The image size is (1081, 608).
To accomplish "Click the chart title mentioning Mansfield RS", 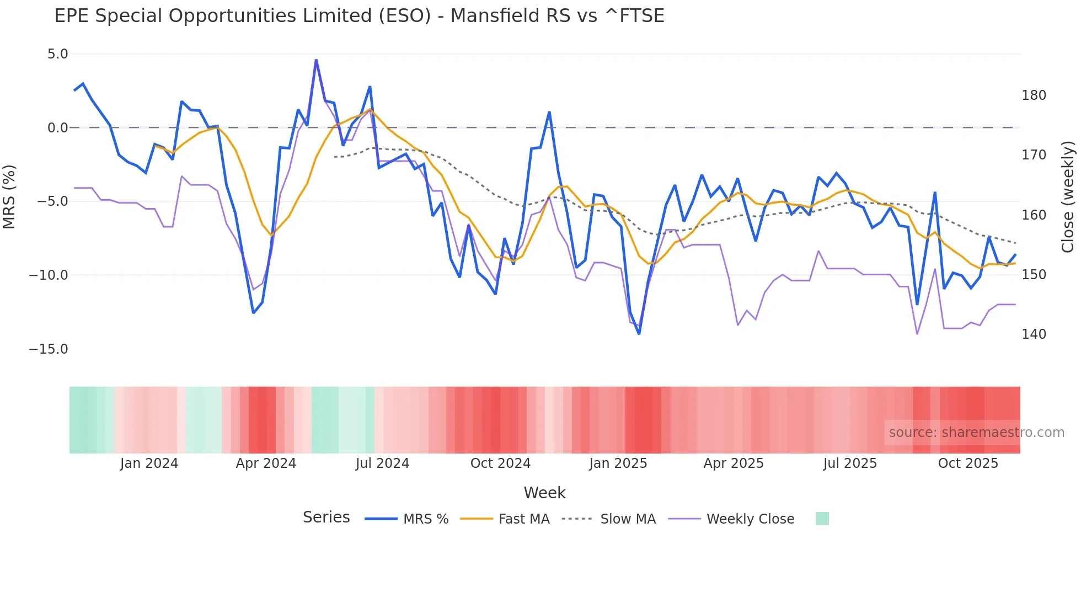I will click(x=359, y=16).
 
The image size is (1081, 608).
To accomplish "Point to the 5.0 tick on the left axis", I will click(x=57, y=54).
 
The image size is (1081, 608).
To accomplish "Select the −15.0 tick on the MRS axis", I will click(x=49, y=349).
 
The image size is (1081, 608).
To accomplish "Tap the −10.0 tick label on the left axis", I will click(x=49, y=275).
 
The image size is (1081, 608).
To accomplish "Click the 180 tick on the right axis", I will click(x=1034, y=95).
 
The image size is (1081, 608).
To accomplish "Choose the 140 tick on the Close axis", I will click(x=1034, y=334).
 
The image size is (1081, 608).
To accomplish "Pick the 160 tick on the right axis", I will click(x=1034, y=215).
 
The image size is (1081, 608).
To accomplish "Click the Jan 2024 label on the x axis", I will click(x=149, y=463).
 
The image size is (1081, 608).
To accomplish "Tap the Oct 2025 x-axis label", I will click(x=968, y=463).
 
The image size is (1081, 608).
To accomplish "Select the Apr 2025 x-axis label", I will click(x=734, y=463).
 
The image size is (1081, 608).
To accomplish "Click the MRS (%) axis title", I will click(x=9, y=197).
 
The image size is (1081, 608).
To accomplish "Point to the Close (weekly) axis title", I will click(x=1068, y=197).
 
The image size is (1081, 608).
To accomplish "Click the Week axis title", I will click(x=544, y=493).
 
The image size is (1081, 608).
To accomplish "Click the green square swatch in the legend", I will click(x=822, y=519).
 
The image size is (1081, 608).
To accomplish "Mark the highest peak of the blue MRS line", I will click(x=316, y=60).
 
